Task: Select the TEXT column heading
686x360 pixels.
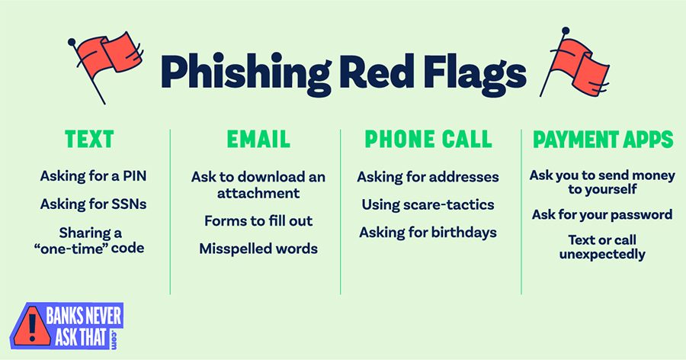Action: click(90, 140)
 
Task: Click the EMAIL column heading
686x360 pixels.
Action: click(258, 140)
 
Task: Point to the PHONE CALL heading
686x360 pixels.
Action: click(428, 140)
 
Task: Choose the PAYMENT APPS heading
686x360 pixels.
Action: click(602, 140)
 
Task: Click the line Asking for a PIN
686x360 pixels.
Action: click(93, 177)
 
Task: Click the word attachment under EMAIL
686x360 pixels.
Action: click(258, 193)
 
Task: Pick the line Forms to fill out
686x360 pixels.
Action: click(258, 221)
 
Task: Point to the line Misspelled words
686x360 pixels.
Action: click(258, 249)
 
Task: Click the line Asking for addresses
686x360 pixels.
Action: click(428, 177)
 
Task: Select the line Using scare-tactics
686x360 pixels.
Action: click(428, 204)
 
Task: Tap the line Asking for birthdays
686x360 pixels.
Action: click(428, 232)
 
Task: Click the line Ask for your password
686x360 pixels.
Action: click(602, 214)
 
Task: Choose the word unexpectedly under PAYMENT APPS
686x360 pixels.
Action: click(602, 254)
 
